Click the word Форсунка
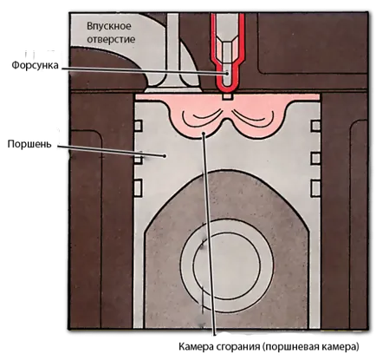35,66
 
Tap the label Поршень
29,144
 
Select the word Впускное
109,26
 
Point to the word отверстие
111,39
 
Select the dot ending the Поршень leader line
165,156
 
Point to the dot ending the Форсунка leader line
227,73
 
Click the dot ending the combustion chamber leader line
204,134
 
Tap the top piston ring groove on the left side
139,126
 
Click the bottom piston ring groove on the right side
315,188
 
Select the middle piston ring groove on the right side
315,159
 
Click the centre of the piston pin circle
227,266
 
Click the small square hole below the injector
227,96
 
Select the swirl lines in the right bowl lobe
253,118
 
